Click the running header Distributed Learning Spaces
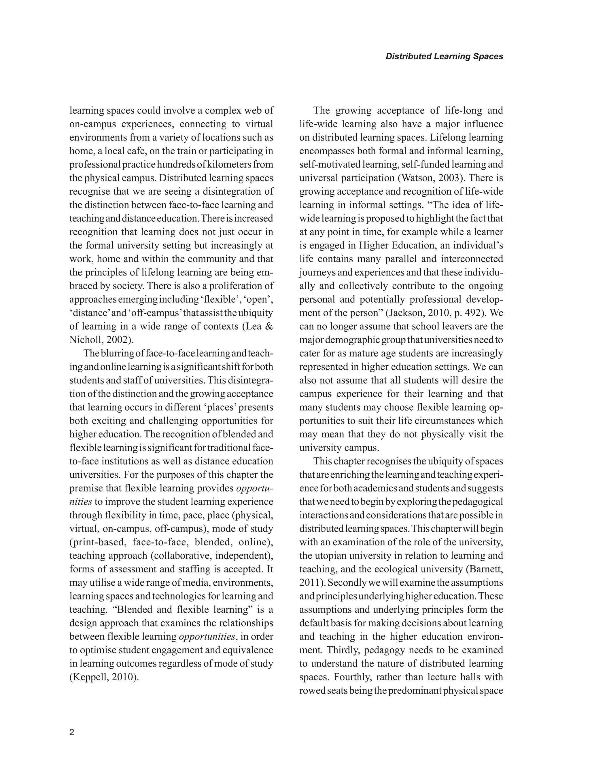tap(444, 57)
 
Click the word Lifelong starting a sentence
tap(449, 138)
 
